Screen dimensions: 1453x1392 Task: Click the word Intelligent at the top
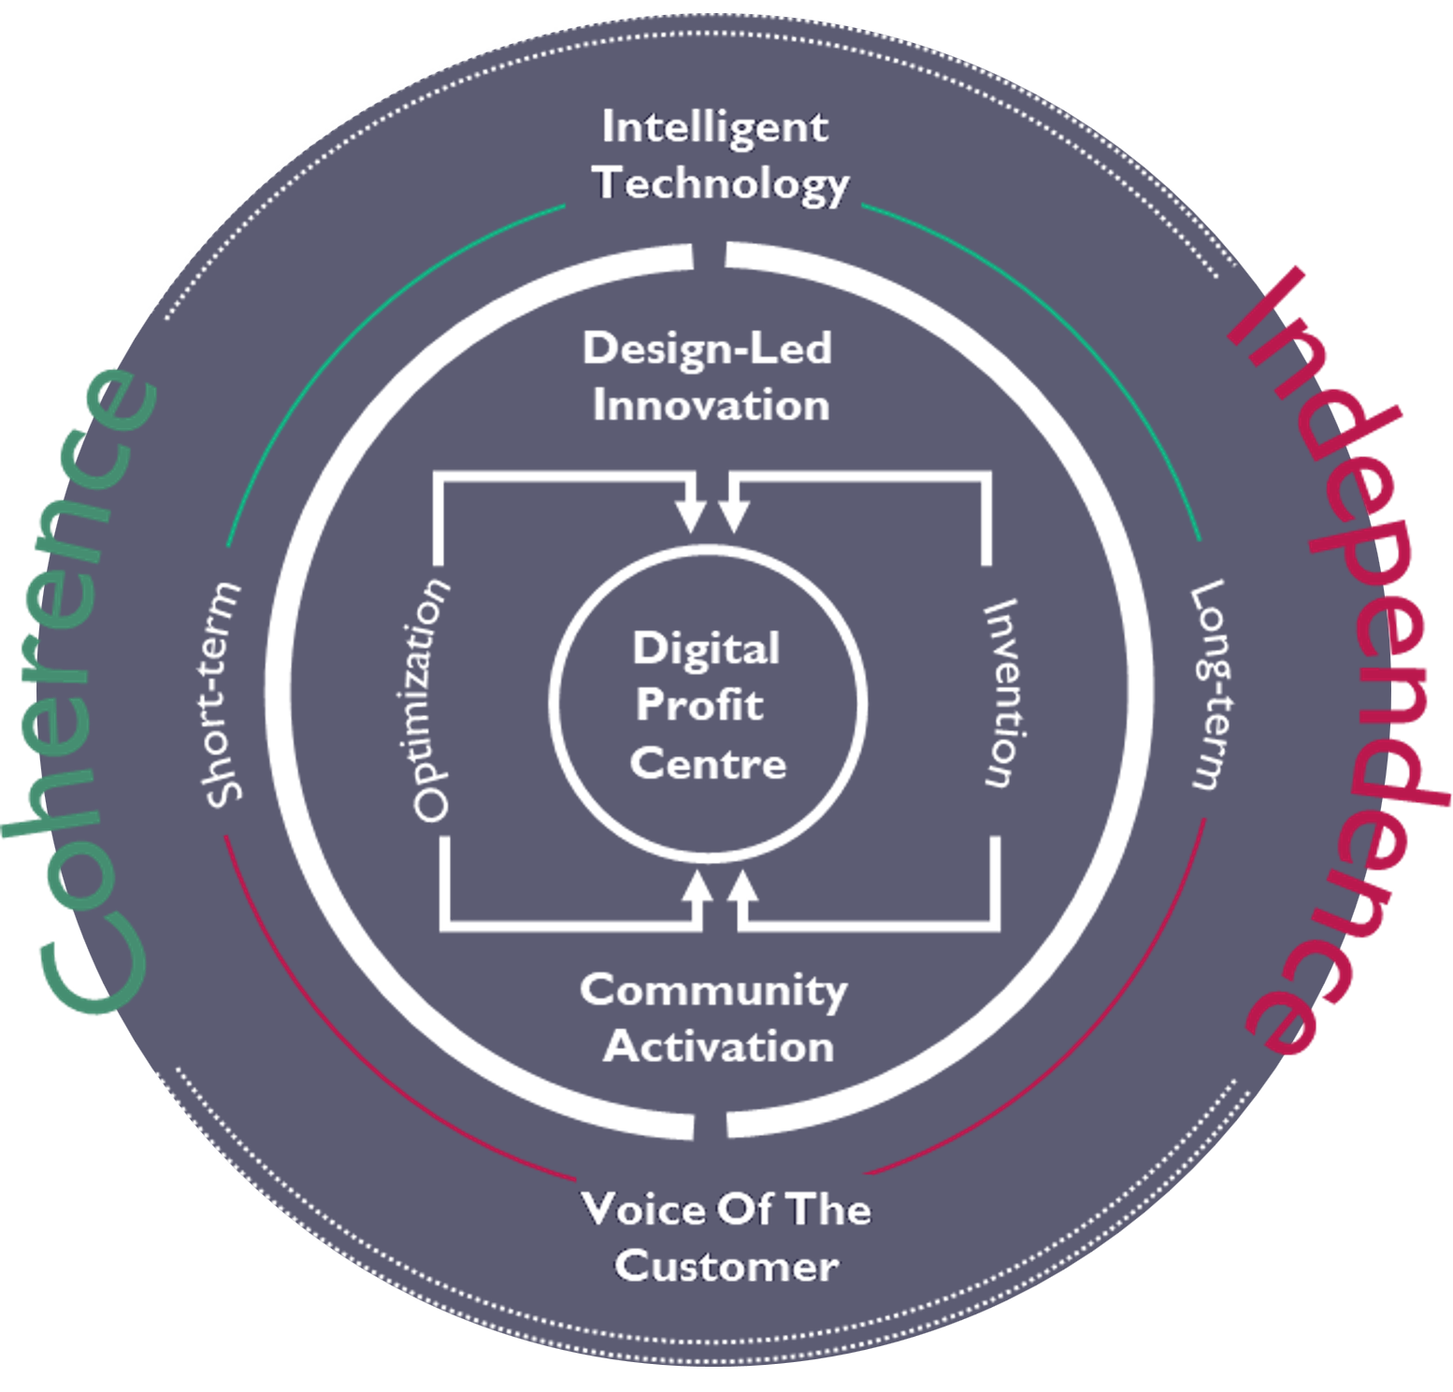point(714,127)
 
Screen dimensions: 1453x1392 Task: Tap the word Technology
point(723,183)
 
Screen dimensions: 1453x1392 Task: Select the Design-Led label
point(707,349)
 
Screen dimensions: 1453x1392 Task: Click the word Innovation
point(711,406)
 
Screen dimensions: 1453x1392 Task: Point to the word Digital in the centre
point(706,649)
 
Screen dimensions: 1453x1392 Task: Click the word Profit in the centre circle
point(699,705)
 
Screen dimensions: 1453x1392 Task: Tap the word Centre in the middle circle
point(708,764)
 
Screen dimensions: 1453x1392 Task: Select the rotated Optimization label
point(431,701)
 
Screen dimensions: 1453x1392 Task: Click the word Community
point(713,991)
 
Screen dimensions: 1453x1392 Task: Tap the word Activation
point(718,1047)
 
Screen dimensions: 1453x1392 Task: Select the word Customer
point(726,1267)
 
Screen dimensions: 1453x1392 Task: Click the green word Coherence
point(79,692)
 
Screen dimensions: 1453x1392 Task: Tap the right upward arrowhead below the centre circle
point(742,886)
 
